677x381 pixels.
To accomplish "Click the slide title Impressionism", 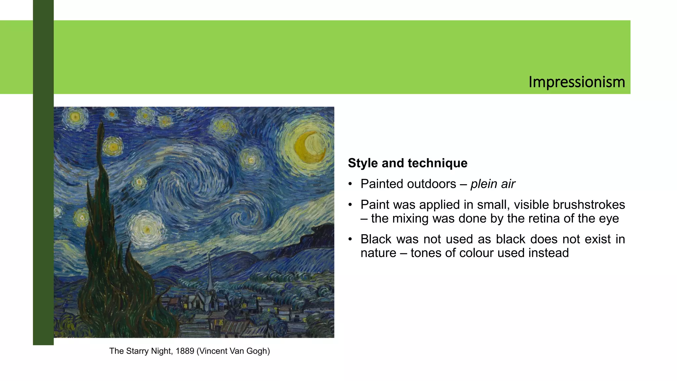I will (x=577, y=82).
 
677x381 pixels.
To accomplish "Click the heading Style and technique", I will (x=408, y=163).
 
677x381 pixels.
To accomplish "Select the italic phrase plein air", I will (x=493, y=184).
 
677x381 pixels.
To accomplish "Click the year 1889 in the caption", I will (x=184, y=351).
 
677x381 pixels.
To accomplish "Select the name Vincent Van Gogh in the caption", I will (x=233, y=351).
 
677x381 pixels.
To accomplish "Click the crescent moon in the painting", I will (x=309, y=147).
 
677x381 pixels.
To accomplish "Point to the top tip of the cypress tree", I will (x=101, y=123).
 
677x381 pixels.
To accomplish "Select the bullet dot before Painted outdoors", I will (x=350, y=184).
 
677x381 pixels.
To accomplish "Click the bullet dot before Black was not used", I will (x=350, y=239).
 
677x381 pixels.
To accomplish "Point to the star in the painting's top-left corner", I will (x=75, y=116).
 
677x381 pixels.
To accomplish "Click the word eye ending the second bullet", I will (x=610, y=219).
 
